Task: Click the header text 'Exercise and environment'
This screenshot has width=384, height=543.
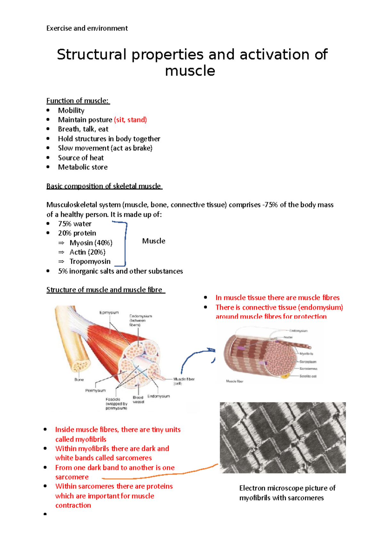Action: coord(87,28)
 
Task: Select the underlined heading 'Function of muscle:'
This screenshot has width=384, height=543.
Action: coord(78,101)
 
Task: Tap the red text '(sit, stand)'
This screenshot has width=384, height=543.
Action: coord(130,120)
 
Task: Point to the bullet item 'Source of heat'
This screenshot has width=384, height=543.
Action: coord(81,158)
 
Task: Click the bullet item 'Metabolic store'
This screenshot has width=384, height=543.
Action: coord(83,167)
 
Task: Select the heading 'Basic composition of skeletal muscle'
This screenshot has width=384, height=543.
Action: coord(104,186)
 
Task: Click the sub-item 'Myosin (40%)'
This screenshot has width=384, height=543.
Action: coord(91,243)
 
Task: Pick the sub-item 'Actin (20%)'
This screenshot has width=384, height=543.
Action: coord(87,252)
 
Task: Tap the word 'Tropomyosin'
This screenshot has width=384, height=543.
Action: coord(90,261)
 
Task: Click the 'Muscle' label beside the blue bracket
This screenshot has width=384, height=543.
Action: coord(154,241)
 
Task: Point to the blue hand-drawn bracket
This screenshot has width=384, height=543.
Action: coord(125,243)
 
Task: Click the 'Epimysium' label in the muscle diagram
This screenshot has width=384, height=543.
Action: coord(109,312)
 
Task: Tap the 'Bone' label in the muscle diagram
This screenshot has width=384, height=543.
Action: coord(79,380)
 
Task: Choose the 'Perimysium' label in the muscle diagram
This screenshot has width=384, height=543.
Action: coord(95,390)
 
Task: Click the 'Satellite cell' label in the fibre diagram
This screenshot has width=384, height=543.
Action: coord(308,376)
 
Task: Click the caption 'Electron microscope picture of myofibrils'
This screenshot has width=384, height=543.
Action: coord(287,493)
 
